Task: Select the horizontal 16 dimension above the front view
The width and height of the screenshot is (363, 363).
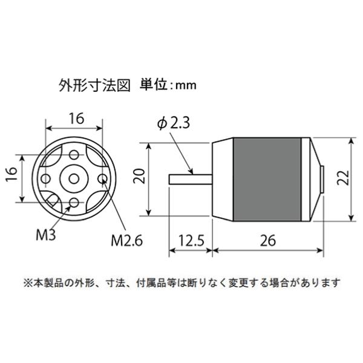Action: (76, 119)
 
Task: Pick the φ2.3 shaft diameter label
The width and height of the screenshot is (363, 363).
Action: (174, 123)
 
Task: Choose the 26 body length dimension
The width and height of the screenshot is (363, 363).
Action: (266, 240)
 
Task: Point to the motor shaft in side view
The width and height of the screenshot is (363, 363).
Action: (189, 178)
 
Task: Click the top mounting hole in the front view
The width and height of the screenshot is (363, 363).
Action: (73, 155)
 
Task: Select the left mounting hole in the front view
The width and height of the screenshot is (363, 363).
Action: (45, 178)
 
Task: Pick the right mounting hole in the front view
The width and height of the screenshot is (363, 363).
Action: (101, 178)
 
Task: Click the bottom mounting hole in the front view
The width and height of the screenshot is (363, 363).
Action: (73, 201)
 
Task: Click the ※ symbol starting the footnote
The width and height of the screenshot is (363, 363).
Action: (28, 283)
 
